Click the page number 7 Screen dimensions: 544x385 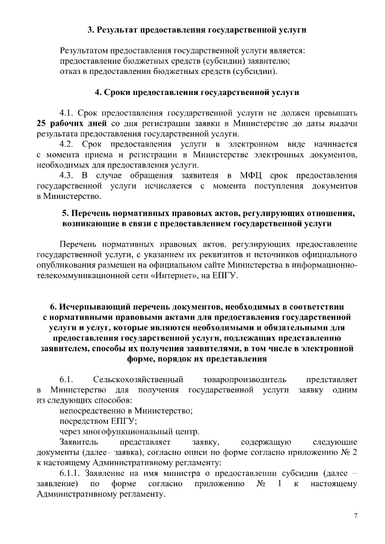[356, 516]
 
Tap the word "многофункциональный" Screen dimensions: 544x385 [123, 432]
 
